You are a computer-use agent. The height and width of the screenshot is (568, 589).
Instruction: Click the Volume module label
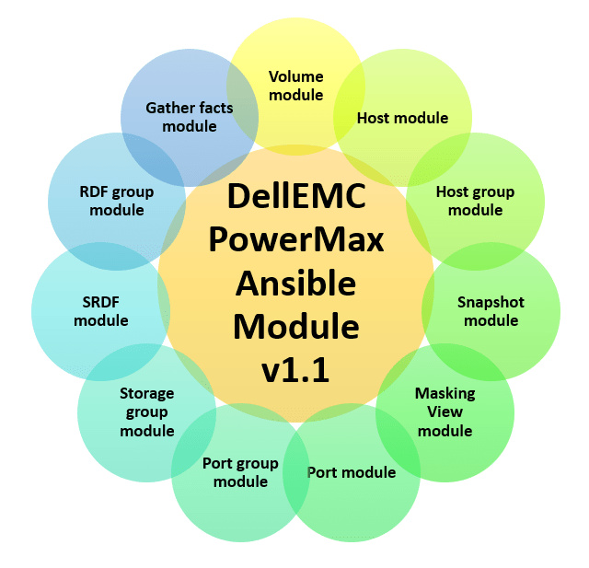coord(296,86)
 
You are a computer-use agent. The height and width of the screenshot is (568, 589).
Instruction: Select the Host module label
coord(402,118)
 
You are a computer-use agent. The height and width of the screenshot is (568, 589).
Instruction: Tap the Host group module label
coord(475,201)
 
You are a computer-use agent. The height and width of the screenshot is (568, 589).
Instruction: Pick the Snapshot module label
coord(491,311)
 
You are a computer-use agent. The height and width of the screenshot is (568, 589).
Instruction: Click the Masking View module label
coord(445,412)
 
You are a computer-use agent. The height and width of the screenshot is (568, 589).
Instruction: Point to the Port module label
coord(351,472)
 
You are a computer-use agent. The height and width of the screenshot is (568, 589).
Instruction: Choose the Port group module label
coord(240,472)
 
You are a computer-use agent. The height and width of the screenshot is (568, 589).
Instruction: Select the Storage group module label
coord(146,412)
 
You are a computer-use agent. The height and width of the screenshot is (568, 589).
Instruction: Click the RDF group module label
coord(117,201)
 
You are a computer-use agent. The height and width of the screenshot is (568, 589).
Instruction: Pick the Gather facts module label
coord(189,117)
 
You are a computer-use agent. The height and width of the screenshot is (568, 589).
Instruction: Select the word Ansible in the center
coord(295,284)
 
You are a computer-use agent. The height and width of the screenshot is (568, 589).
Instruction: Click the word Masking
coord(445,393)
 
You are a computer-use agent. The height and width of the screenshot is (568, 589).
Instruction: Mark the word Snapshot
coord(491,302)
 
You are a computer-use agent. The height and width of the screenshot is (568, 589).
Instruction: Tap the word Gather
coord(168,108)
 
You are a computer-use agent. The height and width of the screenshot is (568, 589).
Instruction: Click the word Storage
coord(146,393)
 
